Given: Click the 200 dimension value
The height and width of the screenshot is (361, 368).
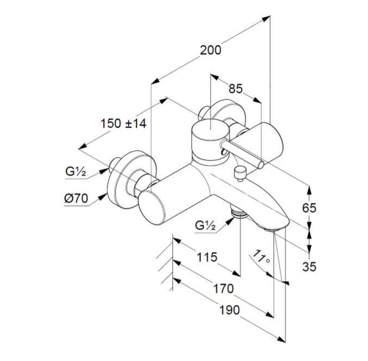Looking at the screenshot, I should pos(210,49).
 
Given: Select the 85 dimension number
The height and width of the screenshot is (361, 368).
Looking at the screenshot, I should pos(235,89).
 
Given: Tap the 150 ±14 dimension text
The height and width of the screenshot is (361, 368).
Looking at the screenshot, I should pos(123,123).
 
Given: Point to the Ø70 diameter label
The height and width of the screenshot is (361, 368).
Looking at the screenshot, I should pos(76,198).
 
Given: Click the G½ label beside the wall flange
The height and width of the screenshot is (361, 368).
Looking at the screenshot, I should pos(77,171).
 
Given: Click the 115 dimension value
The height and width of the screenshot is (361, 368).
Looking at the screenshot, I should pos(207,257).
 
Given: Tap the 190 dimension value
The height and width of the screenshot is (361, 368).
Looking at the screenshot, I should pos(229,310).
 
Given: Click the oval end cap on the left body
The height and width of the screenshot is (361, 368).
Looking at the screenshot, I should pos(154,210).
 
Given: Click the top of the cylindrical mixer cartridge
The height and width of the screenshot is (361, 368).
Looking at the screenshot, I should pos(209,131).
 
